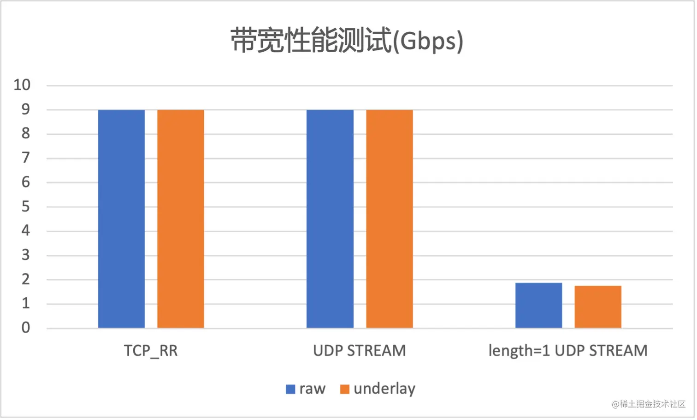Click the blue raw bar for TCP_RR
tap(121, 219)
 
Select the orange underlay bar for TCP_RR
tap(181, 219)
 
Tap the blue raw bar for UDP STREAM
tap(330, 219)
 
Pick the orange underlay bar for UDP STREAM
tap(390, 219)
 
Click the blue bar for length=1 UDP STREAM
tap(538, 306)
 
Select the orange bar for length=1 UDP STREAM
tap(598, 307)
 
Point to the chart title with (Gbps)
tap(347, 41)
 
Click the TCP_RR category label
tap(151, 351)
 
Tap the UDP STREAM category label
tap(360, 351)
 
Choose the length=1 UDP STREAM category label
tap(568, 351)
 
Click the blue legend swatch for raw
tap(290, 389)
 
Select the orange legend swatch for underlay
tap(344, 389)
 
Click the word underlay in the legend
tap(384, 389)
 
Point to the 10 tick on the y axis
tap(22, 85)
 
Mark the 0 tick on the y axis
tap(26, 328)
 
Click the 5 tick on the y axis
tap(26, 206)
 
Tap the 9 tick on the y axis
tap(26, 109)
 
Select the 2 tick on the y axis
tap(26, 279)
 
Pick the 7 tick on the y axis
tap(26, 158)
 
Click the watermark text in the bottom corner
tap(649, 404)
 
